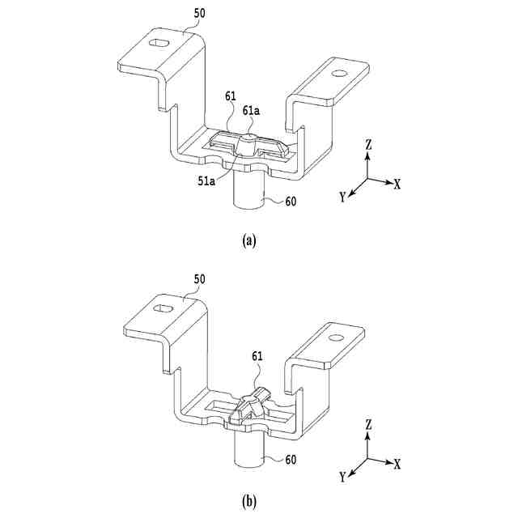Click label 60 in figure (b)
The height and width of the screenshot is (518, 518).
pyautogui.click(x=294, y=460)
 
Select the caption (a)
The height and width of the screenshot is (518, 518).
pyautogui.click(x=249, y=240)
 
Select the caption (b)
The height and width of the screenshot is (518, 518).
pyautogui.click(x=249, y=501)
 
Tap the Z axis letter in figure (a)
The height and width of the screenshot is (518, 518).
pyautogui.click(x=368, y=144)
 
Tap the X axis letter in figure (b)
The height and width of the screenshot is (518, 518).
pyautogui.click(x=397, y=465)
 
